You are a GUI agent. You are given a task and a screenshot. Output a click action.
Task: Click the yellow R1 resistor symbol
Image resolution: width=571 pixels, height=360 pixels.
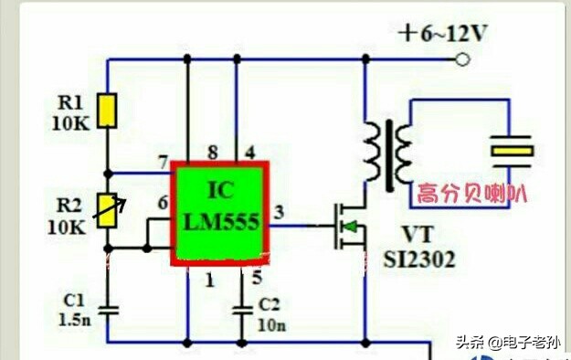[109, 111]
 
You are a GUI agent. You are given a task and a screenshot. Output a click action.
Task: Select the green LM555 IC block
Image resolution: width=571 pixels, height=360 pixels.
[220, 214]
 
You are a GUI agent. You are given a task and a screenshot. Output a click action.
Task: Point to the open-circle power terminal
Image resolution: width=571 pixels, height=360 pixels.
[463, 60]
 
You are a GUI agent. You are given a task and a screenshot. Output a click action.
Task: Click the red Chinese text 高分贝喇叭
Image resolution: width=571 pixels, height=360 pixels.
[472, 194]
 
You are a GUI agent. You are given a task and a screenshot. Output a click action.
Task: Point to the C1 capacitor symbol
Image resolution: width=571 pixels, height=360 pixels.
[109, 310]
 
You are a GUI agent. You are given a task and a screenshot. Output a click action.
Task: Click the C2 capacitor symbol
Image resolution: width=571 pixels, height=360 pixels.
[243, 310]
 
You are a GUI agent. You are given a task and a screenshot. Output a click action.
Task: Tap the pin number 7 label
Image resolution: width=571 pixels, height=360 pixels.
[163, 164]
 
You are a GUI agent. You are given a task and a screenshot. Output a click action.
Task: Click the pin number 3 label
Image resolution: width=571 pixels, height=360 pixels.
[279, 213]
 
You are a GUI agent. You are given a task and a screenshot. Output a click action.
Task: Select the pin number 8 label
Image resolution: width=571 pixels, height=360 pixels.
[213, 152]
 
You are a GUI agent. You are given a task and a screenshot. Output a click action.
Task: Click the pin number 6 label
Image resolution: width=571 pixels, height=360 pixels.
[163, 203]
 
